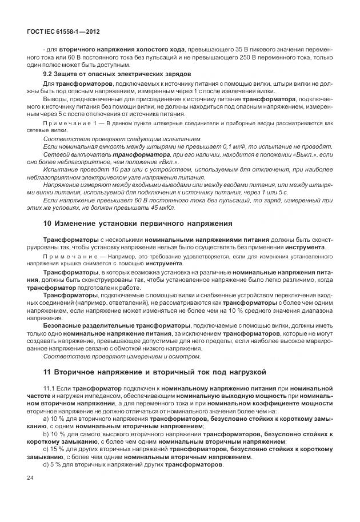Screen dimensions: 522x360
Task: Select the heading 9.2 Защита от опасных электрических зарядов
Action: click(117, 74)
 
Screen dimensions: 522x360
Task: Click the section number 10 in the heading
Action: click(47, 222)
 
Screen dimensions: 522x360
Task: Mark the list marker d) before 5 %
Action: click(46, 464)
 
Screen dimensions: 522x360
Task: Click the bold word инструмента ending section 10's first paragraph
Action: click(306, 246)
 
